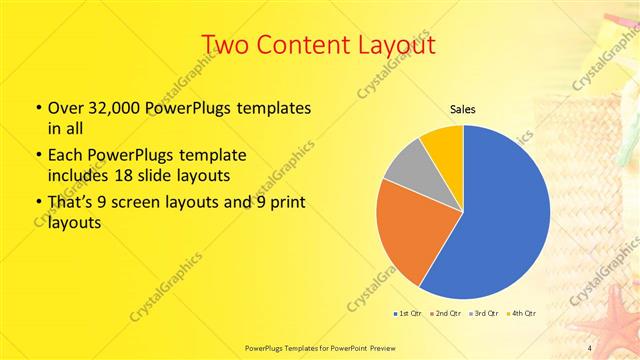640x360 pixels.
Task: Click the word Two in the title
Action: pos(225,45)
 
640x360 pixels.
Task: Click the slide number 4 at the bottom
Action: pos(589,347)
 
